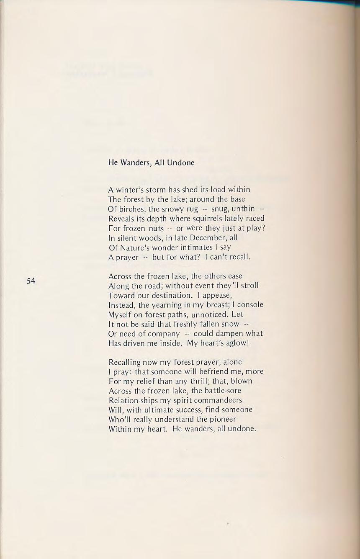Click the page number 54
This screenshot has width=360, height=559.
pos(31,281)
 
